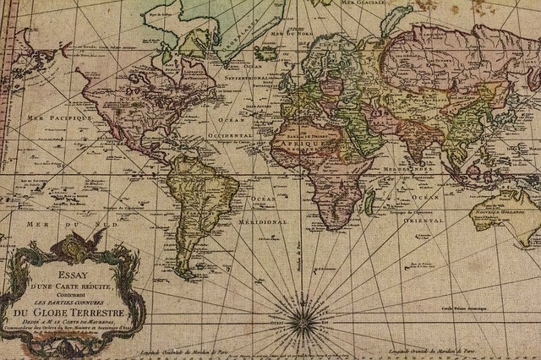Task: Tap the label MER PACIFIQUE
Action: (x=58, y=117)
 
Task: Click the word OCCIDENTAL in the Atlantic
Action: (x=229, y=134)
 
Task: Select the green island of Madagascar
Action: (x=369, y=200)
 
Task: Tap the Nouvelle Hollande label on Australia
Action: (x=508, y=204)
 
